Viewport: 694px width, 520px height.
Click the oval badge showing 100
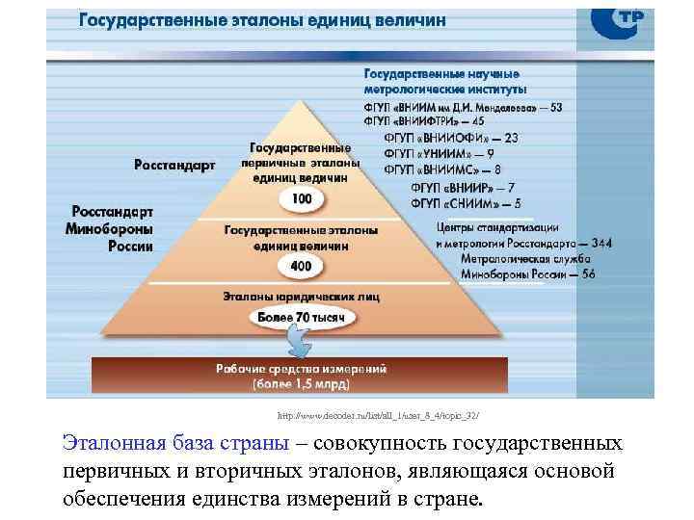click(x=301, y=199)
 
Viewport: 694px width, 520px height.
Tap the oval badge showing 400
click(x=301, y=265)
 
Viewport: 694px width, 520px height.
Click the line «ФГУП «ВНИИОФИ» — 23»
click(x=450, y=138)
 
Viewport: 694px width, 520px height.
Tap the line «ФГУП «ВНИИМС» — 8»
click(x=442, y=169)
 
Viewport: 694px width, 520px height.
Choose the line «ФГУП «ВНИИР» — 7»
click(x=462, y=187)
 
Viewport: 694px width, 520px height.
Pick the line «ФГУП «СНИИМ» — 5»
click(x=466, y=203)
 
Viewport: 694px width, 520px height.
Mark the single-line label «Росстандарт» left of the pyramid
click(x=174, y=165)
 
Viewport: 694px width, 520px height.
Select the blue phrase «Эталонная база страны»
click(x=174, y=444)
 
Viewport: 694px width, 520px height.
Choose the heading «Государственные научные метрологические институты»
click(x=441, y=80)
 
